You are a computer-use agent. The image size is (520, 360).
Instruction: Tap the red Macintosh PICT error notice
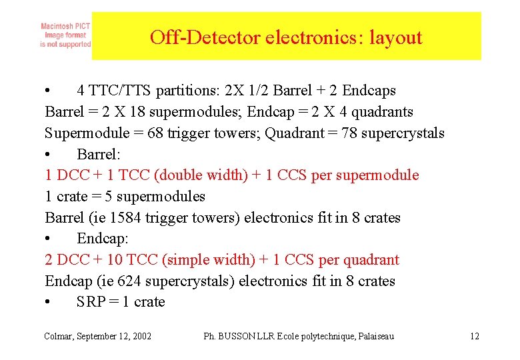pos(65,35)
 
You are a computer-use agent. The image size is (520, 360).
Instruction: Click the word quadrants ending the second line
pos(381,112)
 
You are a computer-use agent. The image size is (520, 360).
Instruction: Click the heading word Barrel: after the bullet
pos(99,154)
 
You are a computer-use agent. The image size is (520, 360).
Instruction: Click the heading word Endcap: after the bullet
pos(102,239)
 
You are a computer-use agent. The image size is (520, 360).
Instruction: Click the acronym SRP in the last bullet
pos(90,302)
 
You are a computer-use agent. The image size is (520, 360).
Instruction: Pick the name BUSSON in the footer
pos(235,336)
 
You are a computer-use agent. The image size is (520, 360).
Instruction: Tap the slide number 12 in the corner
pos(474,336)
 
